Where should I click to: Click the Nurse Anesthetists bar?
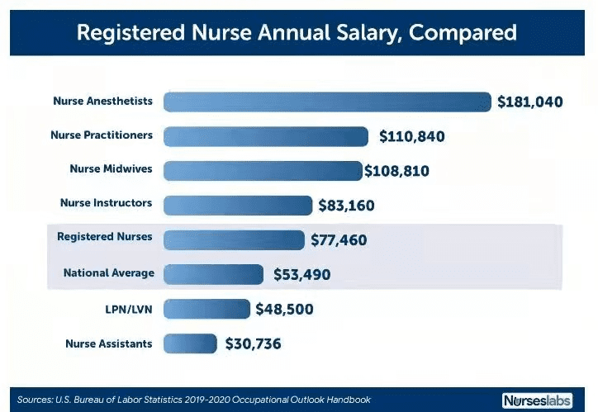click(x=327, y=102)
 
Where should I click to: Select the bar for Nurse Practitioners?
click(x=266, y=136)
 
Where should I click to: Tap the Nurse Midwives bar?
click(x=263, y=170)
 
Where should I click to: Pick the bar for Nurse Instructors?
click(x=239, y=205)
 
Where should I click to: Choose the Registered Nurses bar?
click(x=235, y=239)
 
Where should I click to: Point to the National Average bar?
click(x=212, y=273)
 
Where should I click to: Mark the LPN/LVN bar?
click(x=206, y=309)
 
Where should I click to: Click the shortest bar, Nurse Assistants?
click(x=190, y=343)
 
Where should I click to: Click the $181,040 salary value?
click(x=529, y=102)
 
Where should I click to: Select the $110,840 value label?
click(x=411, y=136)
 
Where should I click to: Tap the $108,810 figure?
click(x=396, y=171)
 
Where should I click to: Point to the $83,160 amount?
click(x=350, y=205)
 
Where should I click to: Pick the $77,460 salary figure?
click(x=339, y=240)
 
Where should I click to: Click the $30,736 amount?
click(x=253, y=343)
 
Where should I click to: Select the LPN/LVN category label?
click(x=129, y=309)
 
